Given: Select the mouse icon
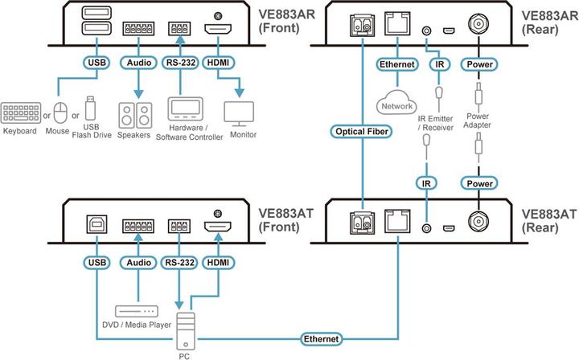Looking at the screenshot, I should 59,110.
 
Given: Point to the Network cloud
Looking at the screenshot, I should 396,103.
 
